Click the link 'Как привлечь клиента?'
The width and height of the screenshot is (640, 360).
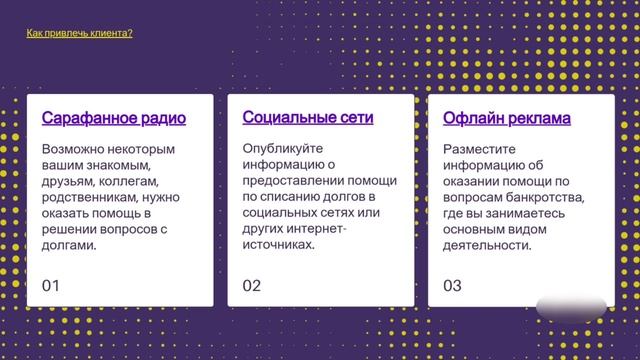[79, 33]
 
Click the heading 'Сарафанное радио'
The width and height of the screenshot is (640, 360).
[114, 118]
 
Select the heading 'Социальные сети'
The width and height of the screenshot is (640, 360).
[308, 117]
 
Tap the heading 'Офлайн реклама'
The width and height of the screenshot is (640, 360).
[506, 119]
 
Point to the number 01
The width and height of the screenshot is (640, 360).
[51, 285]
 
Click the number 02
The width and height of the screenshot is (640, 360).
[251, 285]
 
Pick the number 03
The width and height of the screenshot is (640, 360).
[452, 285]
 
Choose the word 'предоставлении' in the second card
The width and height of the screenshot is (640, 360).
[290, 181]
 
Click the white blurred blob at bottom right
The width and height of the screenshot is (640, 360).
[572, 307]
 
